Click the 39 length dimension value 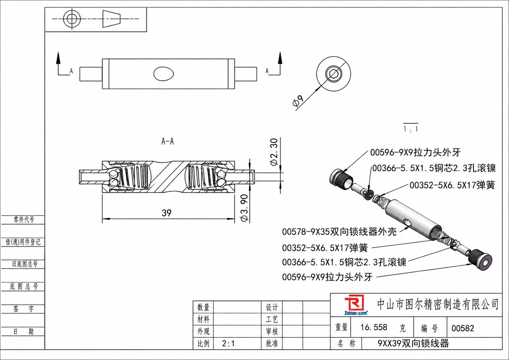point(166,213)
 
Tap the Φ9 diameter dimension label point(298,101)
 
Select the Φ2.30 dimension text point(274,152)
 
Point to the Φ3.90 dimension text point(244,208)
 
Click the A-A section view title point(168,142)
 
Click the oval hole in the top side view point(164,74)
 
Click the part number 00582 point(463,328)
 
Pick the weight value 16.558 point(374,327)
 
